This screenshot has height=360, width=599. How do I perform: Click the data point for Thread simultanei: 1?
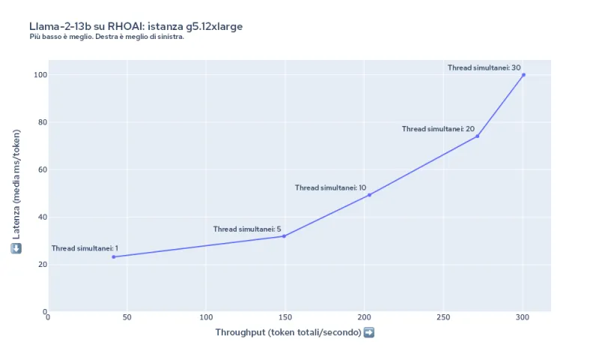pyautogui.click(x=114, y=256)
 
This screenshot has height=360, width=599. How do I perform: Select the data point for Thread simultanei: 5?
pyautogui.click(x=284, y=236)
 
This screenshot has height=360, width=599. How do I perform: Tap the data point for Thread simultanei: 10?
pyautogui.click(x=369, y=195)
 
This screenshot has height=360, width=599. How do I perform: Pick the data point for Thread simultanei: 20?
pyautogui.click(x=478, y=136)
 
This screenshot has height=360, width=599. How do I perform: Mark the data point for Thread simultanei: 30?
pyautogui.click(x=523, y=75)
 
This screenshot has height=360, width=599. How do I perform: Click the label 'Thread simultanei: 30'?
pyautogui.click(x=484, y=67)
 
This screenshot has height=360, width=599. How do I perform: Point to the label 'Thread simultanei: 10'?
pyautogui.click(x=330, y=187)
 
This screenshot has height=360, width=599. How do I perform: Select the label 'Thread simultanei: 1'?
pyautogui.click(x=85, y=248)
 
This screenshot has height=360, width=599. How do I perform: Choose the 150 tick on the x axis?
pyautogui.click(x=285, y=317)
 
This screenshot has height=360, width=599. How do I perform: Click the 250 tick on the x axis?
pyautogui.click(x=443, y=317)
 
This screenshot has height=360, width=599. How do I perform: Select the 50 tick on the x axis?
pyautogui.click(x=127, y=317)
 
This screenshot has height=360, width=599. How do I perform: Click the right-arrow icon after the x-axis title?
pyautogui.click(x=368, y=332)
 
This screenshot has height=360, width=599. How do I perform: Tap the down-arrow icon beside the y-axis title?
pyautogui.click(x=16, y=248)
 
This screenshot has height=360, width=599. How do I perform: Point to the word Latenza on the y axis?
pyautogui.click(x=16, y=220)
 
